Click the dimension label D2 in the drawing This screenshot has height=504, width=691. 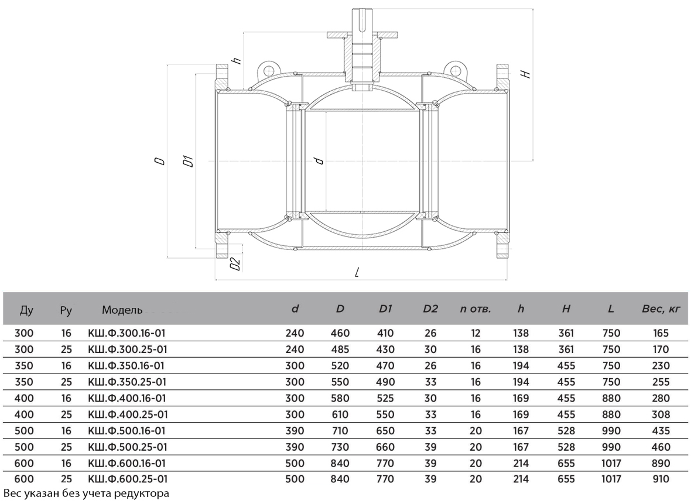tap(236, 263)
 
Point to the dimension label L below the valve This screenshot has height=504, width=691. tap(358, 273)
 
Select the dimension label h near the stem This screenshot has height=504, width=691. tap(237, 61)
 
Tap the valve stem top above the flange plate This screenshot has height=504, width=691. tap(362, 20)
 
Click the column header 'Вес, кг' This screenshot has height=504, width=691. tap(661, 309)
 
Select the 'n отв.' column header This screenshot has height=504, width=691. tap(475, 309)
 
